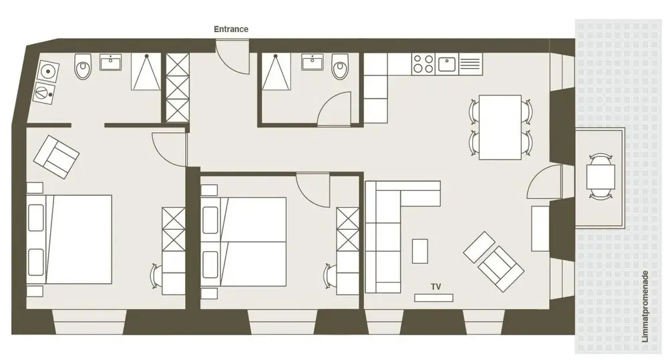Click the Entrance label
231,29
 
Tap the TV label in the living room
436,287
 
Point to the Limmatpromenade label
645,307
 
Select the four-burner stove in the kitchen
424,64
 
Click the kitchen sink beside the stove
447,64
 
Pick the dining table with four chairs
500,128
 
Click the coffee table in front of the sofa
420,251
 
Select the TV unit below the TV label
434,298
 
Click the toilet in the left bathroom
83,67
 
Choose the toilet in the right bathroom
340,67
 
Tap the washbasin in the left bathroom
111,61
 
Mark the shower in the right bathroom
276,71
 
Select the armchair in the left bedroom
56,157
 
